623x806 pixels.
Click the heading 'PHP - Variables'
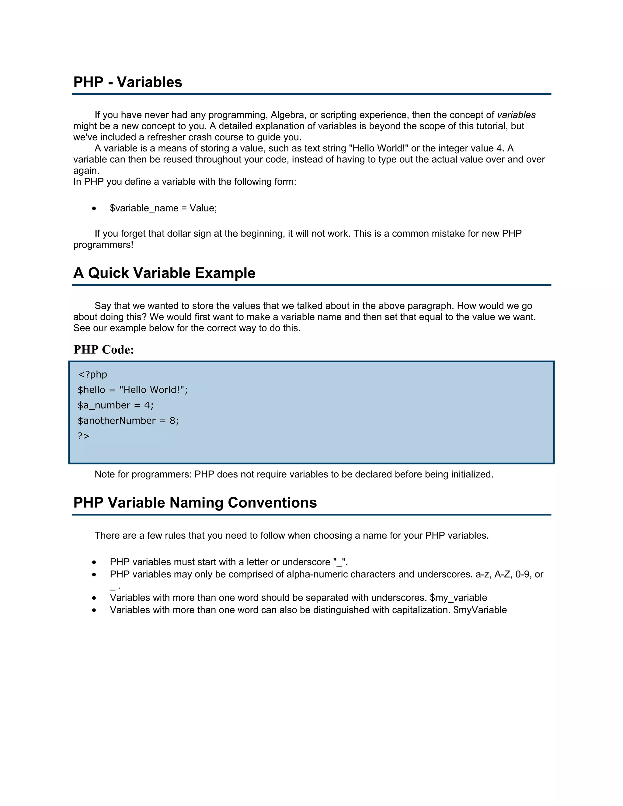coord(128,82)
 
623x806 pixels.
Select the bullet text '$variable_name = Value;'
coord(163,208)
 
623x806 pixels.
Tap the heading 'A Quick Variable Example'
coord(164,273)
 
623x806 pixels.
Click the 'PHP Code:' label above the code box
coord(104,349)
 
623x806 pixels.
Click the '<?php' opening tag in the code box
coord(92,375)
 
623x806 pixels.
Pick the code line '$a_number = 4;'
coord(116,405)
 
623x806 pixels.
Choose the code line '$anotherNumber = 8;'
coord(128,421)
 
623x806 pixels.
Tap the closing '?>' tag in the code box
coord(83,436)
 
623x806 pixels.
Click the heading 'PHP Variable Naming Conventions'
coord(195,503)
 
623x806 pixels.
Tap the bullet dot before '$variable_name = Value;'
coord(95,209)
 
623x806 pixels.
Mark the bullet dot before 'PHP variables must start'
coord(95,562)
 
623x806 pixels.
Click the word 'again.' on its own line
coord(86,171)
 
